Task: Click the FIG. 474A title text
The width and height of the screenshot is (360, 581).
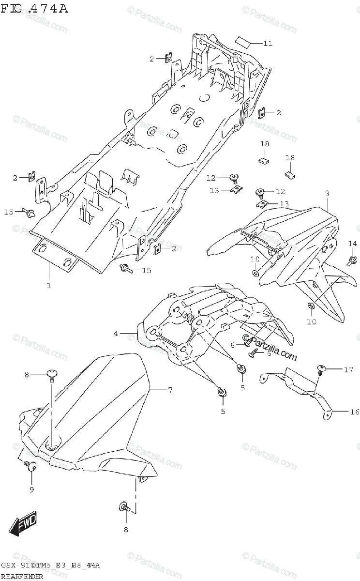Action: click(x=34, y=8)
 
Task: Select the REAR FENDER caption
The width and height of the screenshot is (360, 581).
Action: click(x=21, y=576)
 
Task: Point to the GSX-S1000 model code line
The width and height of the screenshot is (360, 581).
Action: click(x=50, y=566)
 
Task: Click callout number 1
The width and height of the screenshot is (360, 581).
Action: click(x=49, y=285)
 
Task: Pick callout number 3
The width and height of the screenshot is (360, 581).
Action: click(x=327, y=193)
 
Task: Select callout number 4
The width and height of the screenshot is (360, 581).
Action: click(x=116, y=334)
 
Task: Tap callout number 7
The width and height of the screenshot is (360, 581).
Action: click(x=170, y=390)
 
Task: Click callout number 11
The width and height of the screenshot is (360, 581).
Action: click(x=268, y=44)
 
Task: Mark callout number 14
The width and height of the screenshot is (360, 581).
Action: click(x=352, y=244)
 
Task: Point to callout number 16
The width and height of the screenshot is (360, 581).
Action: click(x=355, y=412)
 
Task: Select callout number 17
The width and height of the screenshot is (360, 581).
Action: click(x=348, y=370)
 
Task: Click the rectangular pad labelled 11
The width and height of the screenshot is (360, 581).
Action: click(x=244, y=40)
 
